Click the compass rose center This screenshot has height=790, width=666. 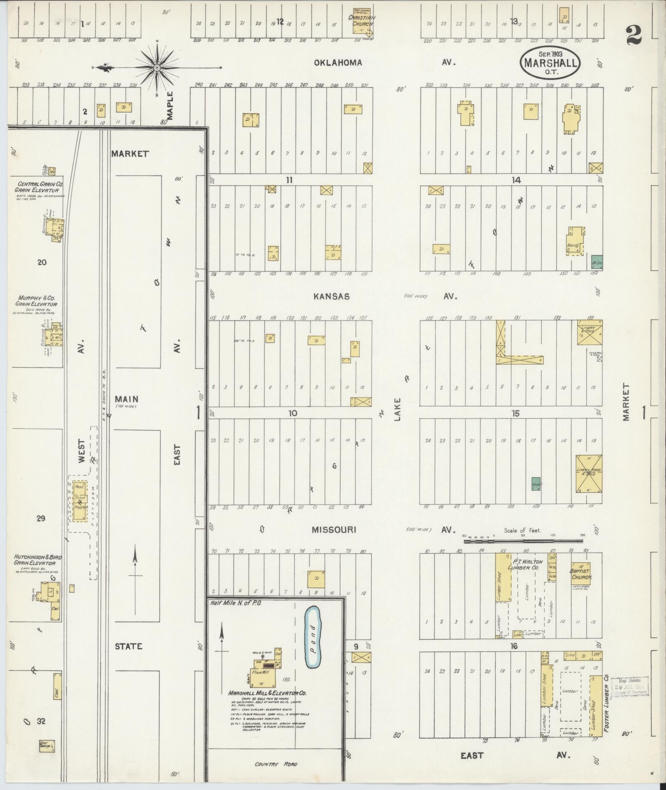(157, 67)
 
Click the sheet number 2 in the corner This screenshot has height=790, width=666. (633, 35)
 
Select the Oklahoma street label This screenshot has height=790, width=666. (338, 63)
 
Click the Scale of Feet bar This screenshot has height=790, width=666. (523, 540)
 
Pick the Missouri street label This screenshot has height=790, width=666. (334, 530)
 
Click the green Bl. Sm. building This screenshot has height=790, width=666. (597, 263)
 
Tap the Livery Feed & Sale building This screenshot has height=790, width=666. (589, 474)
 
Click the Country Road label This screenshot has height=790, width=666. (276, 764)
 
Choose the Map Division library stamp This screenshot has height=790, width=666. (630, 686)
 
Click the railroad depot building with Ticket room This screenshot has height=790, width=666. (80, 500)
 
